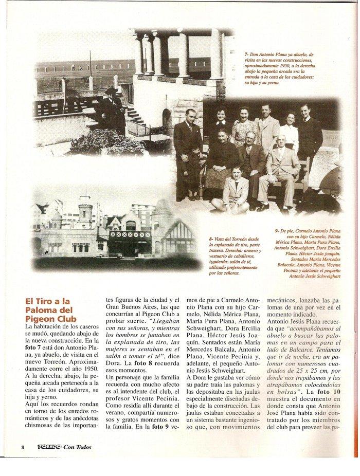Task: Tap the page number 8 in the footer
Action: click(x=23, y=446)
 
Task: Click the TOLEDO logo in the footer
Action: click(x=49, y=446)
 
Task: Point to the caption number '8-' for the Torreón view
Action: click(x=211, y=239)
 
